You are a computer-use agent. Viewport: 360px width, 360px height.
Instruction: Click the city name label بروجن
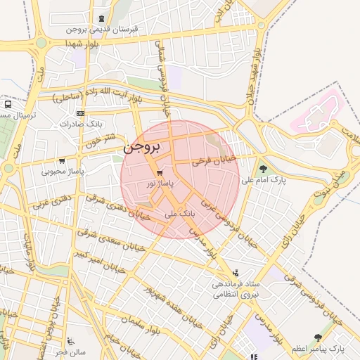142,148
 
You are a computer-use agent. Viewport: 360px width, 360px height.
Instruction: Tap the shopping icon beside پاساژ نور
160,172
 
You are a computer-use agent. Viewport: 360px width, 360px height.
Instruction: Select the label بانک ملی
179,212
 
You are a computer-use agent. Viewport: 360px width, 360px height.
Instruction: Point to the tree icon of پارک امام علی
263,169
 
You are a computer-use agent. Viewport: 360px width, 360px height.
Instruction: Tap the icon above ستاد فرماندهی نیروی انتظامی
236,273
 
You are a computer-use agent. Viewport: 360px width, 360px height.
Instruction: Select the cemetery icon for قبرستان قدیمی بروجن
103,19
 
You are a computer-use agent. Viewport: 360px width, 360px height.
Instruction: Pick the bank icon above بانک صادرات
80,113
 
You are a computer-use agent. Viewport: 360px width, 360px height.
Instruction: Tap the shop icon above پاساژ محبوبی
62,160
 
